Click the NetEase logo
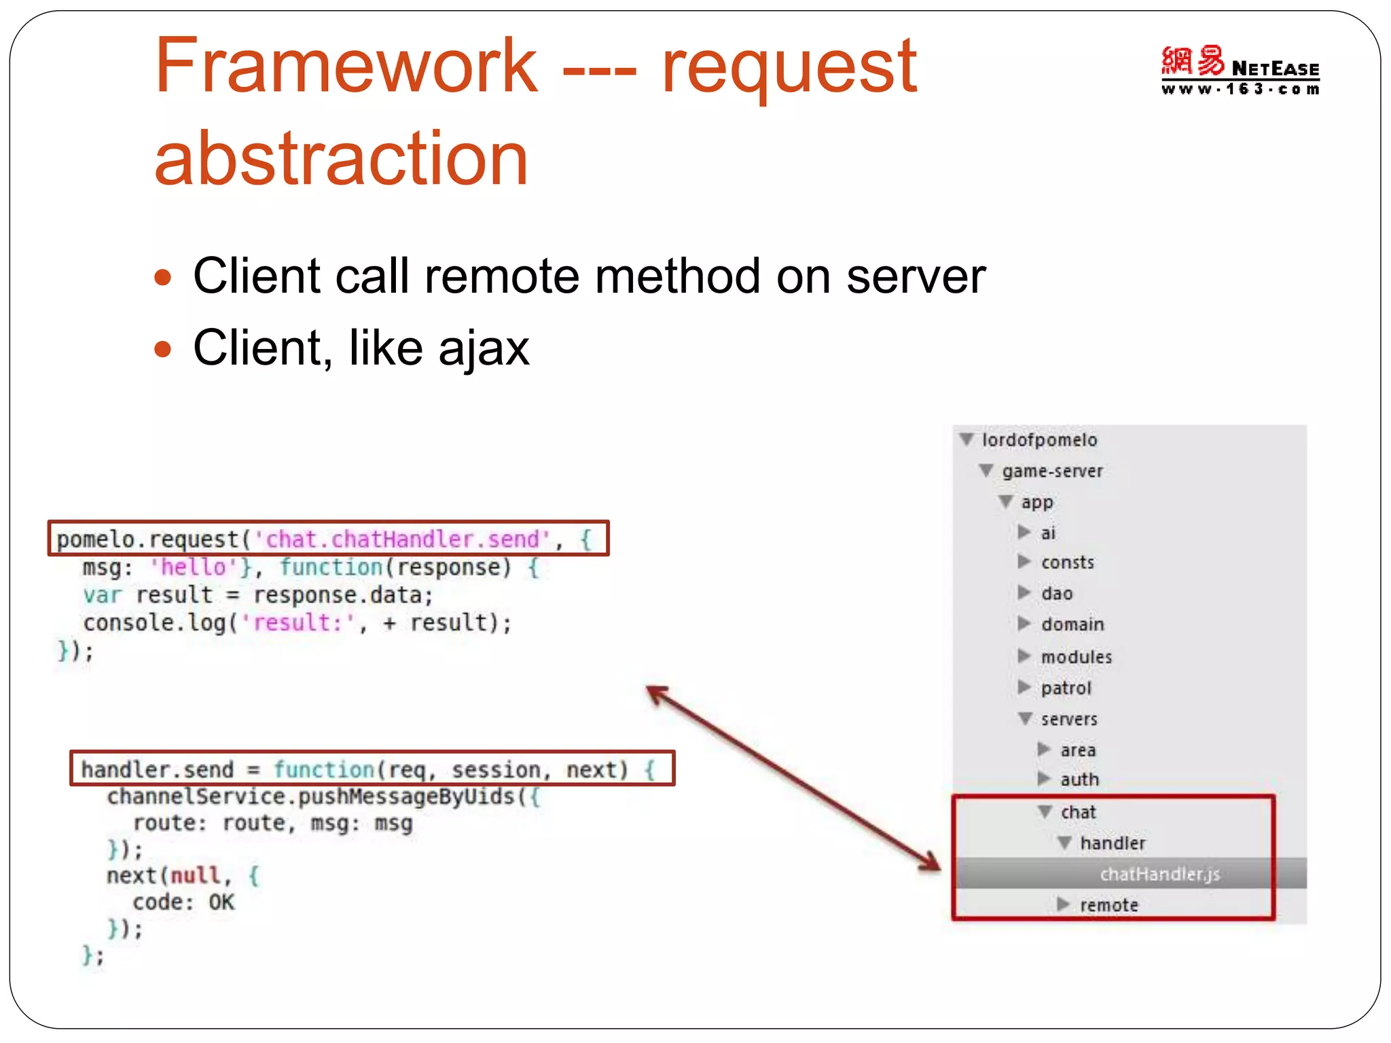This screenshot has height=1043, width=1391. (1240, 70)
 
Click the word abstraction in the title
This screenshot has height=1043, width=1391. (341, 159)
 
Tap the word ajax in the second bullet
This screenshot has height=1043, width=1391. (483, 348)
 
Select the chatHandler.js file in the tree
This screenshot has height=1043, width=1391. (1159, 874)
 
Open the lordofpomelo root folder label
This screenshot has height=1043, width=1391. (1039, 440)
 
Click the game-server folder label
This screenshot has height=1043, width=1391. (1052, 471)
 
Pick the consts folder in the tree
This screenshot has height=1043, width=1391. (1067, 562)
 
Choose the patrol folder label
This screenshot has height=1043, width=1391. (1066, 688)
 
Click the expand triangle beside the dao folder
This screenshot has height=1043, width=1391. (1024, 593)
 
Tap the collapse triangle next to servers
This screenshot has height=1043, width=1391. (1025, 718)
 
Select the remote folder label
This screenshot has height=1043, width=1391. (1108, 905)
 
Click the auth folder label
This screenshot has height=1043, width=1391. (1079, 780)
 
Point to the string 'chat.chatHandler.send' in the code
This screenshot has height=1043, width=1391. (402, 539)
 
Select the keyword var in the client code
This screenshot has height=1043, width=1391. (102, 595)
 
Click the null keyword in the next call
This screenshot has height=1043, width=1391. (196, 875)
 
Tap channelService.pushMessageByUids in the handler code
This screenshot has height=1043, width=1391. (310, 796)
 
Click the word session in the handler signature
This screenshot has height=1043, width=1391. (496, 769)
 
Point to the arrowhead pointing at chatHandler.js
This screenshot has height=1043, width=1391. (931, 862)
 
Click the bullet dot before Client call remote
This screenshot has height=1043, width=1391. (162, 278)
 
